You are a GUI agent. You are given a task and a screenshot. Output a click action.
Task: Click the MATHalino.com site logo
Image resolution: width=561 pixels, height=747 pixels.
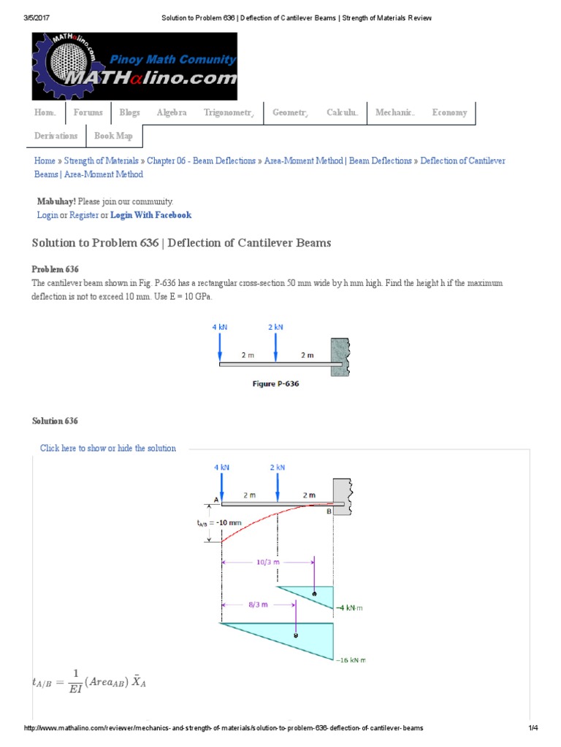click(x=135, y=66)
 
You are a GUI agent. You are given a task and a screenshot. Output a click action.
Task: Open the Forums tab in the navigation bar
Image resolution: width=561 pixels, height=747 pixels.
click(x=88, y=113)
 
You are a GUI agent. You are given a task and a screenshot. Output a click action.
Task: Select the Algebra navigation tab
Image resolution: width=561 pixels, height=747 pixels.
click(x=172, y=113)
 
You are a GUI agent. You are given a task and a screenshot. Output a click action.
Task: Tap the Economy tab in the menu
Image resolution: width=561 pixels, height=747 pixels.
click(x=449, y=113)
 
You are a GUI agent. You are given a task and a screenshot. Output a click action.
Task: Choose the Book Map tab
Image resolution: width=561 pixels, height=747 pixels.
click(x=113, y=136)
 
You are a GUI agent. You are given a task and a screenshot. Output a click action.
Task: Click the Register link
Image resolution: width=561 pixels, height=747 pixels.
click(x=83, y=215)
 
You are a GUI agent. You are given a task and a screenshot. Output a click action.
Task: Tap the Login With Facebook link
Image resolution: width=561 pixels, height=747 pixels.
click(x=151, y=215)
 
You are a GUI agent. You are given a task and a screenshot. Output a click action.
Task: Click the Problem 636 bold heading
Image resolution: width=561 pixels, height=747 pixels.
click(x=56, y=269)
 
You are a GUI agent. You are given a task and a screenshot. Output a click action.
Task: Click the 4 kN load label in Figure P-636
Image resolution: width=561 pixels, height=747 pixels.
click(x=220, y=328)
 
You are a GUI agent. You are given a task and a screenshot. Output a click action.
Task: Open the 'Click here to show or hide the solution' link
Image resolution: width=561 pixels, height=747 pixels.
click(x=108, y=448)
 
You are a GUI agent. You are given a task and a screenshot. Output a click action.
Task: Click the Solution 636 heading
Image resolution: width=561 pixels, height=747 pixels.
click(x=56, y=421)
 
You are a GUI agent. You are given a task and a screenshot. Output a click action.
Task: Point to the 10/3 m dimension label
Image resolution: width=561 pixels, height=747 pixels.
click(x=267, y=562)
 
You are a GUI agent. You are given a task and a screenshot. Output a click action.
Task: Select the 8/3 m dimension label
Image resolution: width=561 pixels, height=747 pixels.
click(x=258, y=605)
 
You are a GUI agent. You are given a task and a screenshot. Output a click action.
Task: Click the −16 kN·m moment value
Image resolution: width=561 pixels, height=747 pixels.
click(x=350, y=660)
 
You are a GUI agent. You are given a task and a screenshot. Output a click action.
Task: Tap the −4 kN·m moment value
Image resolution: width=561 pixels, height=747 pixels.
click(x=350, y=607)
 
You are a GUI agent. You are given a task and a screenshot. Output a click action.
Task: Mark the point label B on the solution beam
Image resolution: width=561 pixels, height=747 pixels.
click(x=329, y=511)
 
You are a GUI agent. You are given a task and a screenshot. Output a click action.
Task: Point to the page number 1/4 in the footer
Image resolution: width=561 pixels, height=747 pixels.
click(x=533, y=728)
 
